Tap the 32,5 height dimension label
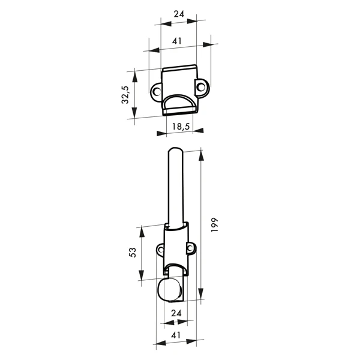(125, 95)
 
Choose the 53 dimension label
(133, 253)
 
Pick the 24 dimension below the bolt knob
(176, 313)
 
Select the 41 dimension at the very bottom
(176, 336)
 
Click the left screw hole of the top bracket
(157, 92)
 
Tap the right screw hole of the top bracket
(202, 88)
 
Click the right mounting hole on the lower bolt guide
(191, 247)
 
